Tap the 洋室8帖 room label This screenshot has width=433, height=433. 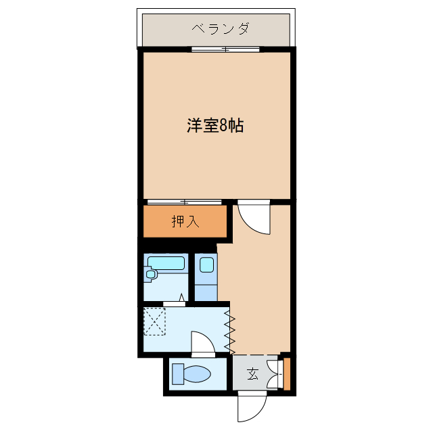[214, 125]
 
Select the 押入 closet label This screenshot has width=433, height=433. [185, 221]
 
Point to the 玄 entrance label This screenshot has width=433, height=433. [252, 373]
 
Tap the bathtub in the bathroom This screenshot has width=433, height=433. [166, 263]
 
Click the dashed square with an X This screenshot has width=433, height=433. [155, 321]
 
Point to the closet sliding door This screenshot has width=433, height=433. [183, 202]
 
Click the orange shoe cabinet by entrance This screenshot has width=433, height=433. [286, 373]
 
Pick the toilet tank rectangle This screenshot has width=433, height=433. [177, 374]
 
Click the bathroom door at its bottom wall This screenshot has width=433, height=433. [174, 304]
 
